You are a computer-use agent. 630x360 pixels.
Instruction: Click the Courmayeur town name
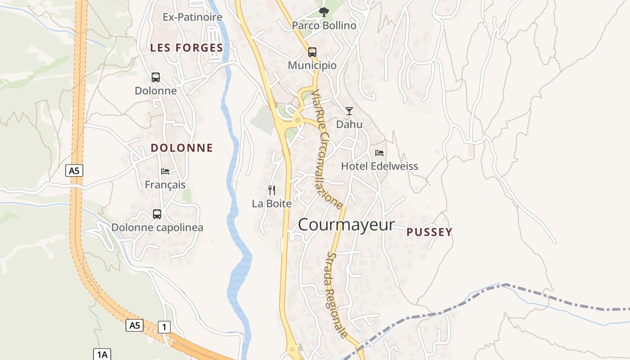pos(346,225)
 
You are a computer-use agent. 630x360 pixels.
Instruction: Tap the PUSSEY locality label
pos(429,232)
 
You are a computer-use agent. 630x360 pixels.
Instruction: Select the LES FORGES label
pos(186,48)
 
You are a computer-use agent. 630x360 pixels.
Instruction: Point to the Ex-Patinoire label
pos(193,17)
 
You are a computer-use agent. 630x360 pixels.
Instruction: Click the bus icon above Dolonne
pos(156,77)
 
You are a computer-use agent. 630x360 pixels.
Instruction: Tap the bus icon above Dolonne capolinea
pos(157,214)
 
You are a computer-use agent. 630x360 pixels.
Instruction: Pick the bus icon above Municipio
pos(312,52)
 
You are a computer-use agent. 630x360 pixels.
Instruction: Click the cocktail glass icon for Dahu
pos(349,111)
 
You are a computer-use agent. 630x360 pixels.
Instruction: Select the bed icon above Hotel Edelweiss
pos(379,153)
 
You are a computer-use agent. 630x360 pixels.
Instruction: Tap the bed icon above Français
pos(165,171)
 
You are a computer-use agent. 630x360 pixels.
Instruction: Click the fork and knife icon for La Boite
pos(271,190)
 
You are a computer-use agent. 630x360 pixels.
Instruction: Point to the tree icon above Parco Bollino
pos(323,12)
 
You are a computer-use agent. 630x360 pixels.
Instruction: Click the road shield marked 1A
pos(102,355)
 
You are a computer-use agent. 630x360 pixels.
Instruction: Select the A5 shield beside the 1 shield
pos(135,325)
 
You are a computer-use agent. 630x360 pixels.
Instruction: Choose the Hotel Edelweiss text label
pos(379,166)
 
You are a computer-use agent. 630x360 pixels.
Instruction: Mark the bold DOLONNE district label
pos(182,148)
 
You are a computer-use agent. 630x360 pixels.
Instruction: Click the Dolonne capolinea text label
pos(157,228)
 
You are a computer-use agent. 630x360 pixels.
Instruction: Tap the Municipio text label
pos(312,65)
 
